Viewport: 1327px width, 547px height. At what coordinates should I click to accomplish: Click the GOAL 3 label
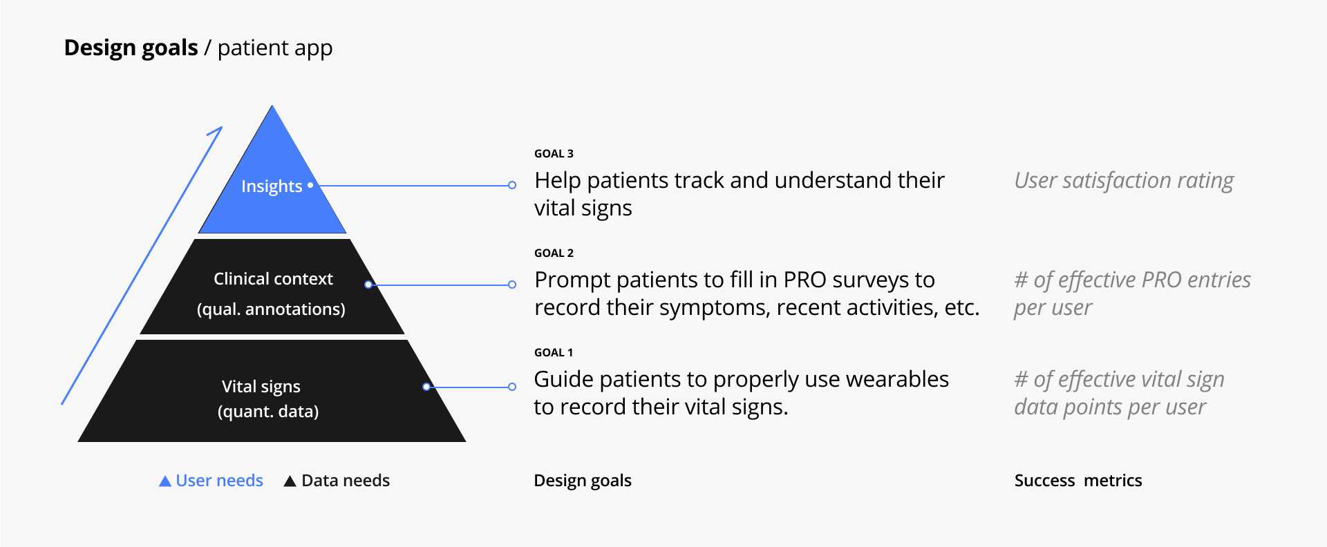click(554, 153)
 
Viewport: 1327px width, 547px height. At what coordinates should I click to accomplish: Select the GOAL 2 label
click(554, 253)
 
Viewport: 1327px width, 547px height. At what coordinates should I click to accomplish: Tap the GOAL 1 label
click(554, 352)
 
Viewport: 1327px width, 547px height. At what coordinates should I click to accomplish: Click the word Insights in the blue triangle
click(272, 186)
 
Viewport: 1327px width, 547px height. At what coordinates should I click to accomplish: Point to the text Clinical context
click(273, 278)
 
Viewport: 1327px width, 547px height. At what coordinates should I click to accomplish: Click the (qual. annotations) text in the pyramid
click(271, 309)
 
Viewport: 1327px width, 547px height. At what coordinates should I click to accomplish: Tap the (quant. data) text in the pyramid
click(268, 411)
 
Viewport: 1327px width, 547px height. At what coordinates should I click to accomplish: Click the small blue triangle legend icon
click(165, 481)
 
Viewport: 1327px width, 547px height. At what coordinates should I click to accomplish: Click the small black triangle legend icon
click(290, 481)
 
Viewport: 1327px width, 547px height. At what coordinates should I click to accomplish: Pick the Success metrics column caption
click(1078, 480)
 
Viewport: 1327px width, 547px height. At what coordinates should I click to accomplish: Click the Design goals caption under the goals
click(583, 481)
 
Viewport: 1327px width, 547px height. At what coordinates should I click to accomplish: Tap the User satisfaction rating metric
click(1124, 180)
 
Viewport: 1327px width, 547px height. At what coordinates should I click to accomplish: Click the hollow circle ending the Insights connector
click(512, 185)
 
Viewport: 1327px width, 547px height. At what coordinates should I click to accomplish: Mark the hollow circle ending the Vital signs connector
click(512, 387)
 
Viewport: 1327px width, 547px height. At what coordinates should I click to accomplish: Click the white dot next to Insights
click(310, 185)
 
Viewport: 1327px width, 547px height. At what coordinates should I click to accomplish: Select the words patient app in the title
click(275, 48)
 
